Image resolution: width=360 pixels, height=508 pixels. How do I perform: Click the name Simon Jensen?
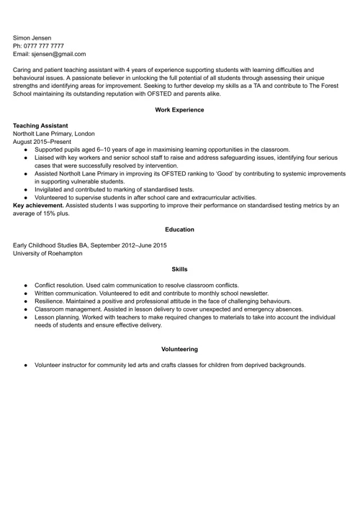pos(32,37)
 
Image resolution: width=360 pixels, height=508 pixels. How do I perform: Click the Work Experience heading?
pos(179,110)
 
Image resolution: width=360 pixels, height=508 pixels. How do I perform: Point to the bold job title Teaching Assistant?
pos(42,125)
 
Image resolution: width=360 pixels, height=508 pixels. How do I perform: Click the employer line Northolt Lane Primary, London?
pos(54,134)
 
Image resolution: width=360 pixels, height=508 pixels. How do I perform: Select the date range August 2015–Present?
pos(42,142)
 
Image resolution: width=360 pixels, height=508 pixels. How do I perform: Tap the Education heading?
pos(179,230)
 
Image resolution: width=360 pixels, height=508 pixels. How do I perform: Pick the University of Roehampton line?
pos(48,253)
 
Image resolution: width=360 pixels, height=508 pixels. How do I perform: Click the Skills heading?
pos(179,269)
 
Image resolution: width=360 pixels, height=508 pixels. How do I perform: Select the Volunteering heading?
pos(179,349)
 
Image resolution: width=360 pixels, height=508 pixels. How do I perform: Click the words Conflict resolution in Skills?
pos(63,285)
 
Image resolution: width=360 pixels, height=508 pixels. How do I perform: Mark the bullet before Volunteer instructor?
pos(26,365)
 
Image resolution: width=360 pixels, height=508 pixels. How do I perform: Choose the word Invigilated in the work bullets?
pos(51,189)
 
